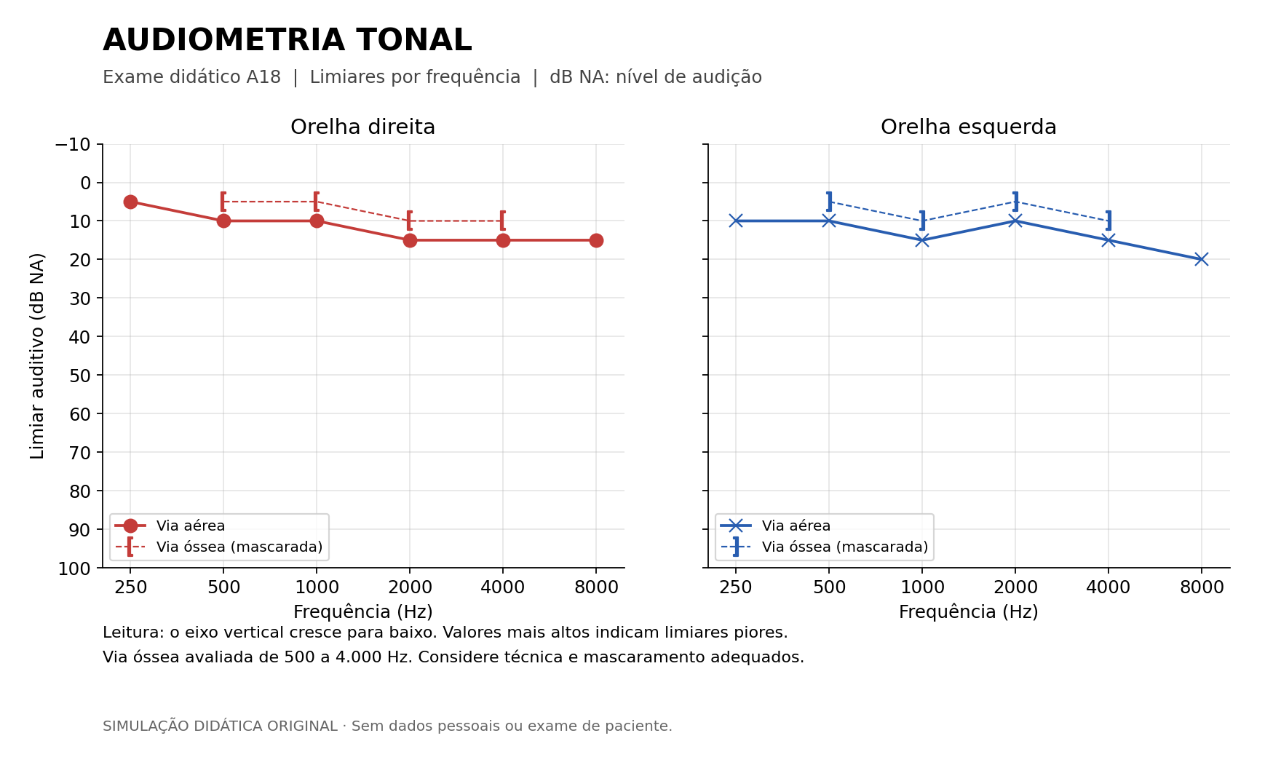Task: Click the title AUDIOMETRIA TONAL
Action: coord(287,40)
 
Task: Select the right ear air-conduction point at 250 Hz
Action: coord(130,202)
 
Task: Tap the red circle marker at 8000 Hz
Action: coord(596,240)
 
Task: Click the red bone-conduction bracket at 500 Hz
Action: coord(223,202)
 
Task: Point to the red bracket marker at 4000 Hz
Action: coord(502,221)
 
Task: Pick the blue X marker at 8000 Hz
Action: coord(1202,259)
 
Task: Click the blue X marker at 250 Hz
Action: coord(736,221)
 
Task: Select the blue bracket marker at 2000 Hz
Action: coord(1015,202)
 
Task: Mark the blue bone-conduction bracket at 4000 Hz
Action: coord(1109,221)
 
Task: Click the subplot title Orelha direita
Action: coord(362,127)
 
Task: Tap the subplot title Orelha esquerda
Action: coord(968,127)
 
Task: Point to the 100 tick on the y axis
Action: coord(74,568)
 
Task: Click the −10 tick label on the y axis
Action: coord(73,144)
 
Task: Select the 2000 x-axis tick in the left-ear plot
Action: coord(1015,587)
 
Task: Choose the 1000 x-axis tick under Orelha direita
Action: coord(317,587)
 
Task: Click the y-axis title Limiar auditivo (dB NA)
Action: coord(37,356)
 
